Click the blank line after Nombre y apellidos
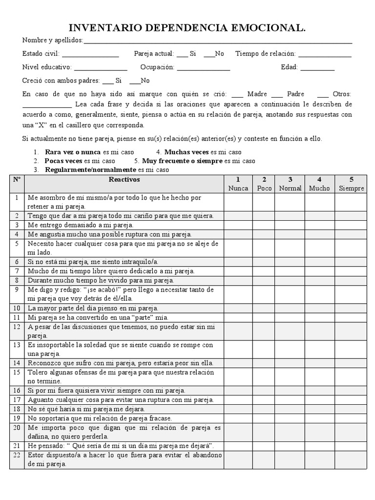(217, 41)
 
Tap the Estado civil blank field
(90, 54)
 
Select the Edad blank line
(317, 68)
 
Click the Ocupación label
(157, 67)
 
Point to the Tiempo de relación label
(265, 54)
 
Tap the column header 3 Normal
(290, 184)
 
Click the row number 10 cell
(17, 308)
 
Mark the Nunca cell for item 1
(238, 202)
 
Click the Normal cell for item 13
(290, 349)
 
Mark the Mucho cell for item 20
(320, 432)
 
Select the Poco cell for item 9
(264, 293)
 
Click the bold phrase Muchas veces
(186, 152)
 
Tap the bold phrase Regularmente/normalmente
(90, 170)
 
